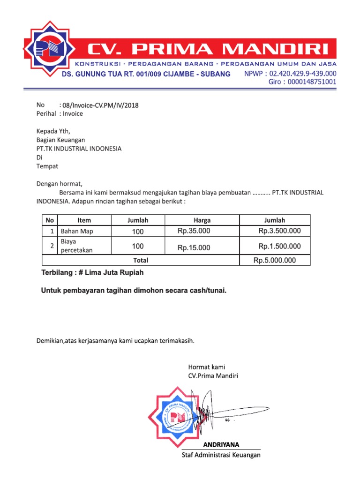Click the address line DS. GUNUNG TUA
click(x=146, y=74)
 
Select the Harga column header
click(x=202, y=220)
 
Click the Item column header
click(x=84, y=220)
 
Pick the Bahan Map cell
click(x=77, y=231)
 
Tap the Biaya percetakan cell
click(x=77, y=246)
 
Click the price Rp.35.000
click(x=194, y=231)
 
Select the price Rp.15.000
click(x=194, y=247)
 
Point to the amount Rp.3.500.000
click(x=279, y=231)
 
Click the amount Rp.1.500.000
click(x=279, y=247)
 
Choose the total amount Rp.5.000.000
click(x=275, y=261)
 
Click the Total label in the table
click(x=141, y=260)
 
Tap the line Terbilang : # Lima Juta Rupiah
click(x=92, y=273)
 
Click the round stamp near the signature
click(x=177, y=415)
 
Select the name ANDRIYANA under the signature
click(x=221, y=444)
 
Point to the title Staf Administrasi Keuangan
click(x=221, y=455)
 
